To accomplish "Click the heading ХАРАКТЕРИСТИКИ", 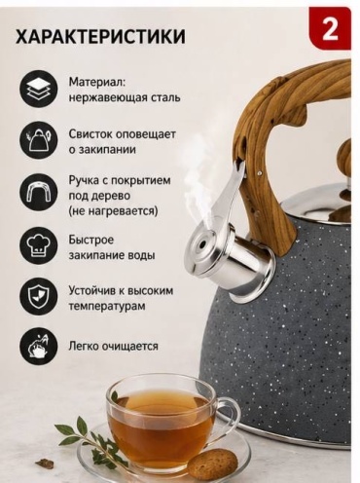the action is click(100, 36).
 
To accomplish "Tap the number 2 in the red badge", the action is click(330, 30).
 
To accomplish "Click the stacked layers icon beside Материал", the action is click(38, 88).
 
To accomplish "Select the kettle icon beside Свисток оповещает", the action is click(38, 140).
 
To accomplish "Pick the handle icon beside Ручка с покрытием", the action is click(38, 192).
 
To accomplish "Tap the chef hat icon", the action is click(38, 244).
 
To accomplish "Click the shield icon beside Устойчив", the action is click(38, 296).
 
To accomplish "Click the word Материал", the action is click(97, 82).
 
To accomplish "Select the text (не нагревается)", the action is click(113, 211).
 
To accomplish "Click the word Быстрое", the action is click(91, 240).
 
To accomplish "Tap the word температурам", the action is click(107, 306).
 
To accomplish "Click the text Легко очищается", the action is click(113, 346).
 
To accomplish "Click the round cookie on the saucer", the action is click(213, 461).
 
